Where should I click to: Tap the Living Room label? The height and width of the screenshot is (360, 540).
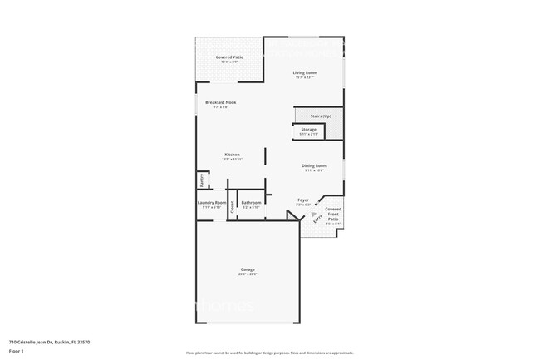click(x=305, y=72)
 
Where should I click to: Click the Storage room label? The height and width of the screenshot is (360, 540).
click(x=308, y=130)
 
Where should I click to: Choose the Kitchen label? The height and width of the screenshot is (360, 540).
click(x=232, y=155)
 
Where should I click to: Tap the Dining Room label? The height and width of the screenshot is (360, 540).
click(x=314, y=165)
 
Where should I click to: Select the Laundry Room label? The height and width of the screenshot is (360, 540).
click(x=212, y=202)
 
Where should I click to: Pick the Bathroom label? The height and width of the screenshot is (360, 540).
click(x=252, y=202)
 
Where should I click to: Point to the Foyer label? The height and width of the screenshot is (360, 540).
click(x=303, y=200)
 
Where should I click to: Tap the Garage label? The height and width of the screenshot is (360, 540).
click(x=248, y=269)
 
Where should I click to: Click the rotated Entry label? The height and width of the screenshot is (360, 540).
click(x=317, y=218)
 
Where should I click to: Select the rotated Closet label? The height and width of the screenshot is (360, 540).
click(x=232, y=209)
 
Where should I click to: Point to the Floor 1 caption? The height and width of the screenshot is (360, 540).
click(x=17, y=348)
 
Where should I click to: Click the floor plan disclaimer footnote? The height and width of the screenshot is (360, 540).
click(x=269, y=353)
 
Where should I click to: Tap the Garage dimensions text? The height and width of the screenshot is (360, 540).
click(x=248, y=274)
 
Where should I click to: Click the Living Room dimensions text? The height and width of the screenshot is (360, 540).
click(x=305, y=77)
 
